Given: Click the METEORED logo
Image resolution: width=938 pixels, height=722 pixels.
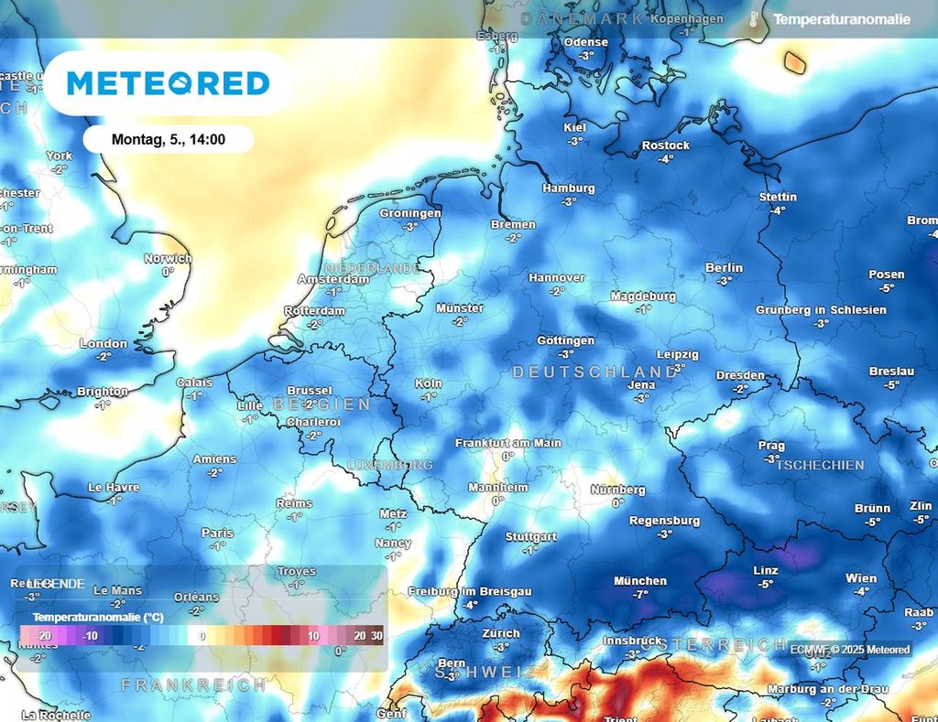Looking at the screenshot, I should (169, 83).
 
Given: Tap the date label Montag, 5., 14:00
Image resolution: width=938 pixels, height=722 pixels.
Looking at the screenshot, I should (169, 140).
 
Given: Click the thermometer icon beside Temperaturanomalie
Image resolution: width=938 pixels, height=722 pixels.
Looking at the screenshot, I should (754, 19).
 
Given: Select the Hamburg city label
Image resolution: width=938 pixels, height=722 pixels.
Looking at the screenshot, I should (568, 189).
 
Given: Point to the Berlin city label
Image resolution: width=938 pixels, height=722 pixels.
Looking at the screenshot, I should (724, 268).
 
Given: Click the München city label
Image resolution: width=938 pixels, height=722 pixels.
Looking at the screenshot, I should (640, 581).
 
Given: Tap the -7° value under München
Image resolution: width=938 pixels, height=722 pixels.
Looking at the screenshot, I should (640, 595).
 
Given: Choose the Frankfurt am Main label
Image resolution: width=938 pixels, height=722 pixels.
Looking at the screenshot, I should (508, 443).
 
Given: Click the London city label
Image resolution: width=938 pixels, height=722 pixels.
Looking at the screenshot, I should (104, 344).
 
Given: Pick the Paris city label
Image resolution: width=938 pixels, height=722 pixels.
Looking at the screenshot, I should (217, 533).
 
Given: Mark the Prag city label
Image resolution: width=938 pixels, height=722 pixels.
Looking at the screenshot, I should (771, 446).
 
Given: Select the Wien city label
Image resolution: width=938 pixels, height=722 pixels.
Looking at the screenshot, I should (861, 578).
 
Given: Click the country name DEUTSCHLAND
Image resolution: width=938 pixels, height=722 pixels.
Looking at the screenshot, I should (594, 372).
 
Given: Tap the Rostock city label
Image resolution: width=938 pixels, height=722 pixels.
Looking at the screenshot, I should (666, 145).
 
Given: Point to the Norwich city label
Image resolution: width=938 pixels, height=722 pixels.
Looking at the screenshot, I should (168, 259).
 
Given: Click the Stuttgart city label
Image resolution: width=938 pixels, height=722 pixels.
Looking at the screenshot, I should (530, 537).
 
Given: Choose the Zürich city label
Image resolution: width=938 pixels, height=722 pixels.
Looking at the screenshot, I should (501, 633).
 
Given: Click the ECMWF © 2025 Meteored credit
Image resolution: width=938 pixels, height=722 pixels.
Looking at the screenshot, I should (851, 650).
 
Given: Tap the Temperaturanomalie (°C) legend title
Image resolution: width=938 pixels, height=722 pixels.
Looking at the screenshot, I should (98, 618).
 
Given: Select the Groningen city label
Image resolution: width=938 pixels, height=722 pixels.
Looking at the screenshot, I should (410, 213).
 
